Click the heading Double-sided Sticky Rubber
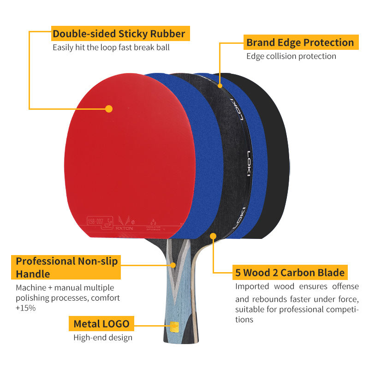tap(119, 34)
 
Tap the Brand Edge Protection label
tap(300, 43)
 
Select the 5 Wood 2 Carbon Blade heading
tap(290, 273)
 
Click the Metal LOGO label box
tap(101, 324)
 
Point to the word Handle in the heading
tap(33, 274)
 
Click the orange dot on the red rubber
tap(109, 109)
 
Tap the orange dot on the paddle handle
tap(173, 265)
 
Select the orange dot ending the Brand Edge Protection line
tap(220, 85)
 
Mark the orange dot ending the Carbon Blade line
tap(213, 237)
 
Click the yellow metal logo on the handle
tap(174, 327)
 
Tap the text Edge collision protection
tap(291, 56)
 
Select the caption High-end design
tap(103, 338)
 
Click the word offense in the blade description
tap(345, 287)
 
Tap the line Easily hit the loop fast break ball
tap(111, 47)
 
